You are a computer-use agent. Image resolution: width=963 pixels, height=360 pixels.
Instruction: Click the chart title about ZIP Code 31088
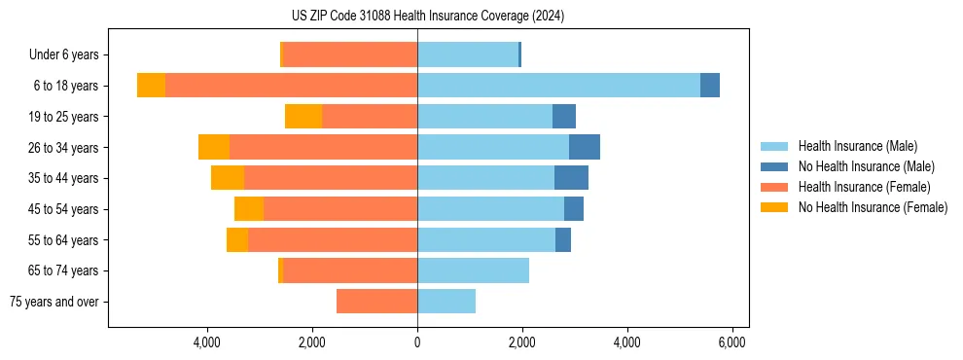427,17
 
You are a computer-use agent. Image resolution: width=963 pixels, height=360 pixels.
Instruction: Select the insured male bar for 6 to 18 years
558,86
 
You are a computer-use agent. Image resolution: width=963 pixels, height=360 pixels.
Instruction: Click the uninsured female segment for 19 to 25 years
303,117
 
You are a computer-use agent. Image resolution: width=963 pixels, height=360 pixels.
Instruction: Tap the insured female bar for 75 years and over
376,302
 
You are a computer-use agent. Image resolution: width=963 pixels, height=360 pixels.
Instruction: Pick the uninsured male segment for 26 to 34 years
585,147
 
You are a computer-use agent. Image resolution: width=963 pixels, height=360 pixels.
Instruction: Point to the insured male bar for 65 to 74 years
473,270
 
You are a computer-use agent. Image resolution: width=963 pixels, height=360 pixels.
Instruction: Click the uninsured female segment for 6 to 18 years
151,86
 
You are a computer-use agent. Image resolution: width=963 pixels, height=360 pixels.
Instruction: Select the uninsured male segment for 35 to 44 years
571,178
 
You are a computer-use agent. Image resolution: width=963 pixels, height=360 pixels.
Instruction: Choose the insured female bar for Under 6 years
350,54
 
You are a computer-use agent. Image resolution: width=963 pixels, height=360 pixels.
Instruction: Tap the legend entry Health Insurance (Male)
856,146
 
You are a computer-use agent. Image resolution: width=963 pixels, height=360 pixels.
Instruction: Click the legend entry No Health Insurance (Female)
873,207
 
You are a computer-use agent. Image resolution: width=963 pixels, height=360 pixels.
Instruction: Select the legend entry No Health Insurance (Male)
866,166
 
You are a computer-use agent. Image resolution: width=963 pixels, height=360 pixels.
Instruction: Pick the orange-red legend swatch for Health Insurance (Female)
774,187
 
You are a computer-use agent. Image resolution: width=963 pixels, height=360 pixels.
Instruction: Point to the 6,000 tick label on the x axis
731,342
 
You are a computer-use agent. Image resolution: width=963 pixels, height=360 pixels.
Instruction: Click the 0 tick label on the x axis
417,342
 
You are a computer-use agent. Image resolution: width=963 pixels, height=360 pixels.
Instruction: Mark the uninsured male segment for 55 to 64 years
563,239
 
